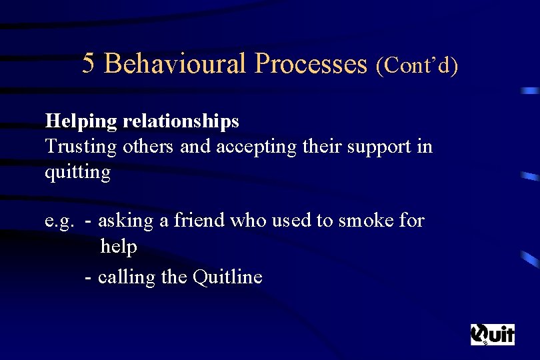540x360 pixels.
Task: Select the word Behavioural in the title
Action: click(x=176, y=64)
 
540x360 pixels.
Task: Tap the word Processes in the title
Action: click(x=311, y=64)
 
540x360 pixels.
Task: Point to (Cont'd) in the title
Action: click(x=417, y=65)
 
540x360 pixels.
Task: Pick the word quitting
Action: click(x=77, y=173)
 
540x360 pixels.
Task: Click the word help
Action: click(x=119, y=247)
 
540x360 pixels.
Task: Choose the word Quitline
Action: click(x=227, y=276)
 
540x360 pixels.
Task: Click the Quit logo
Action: click(x=493, y=334)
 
